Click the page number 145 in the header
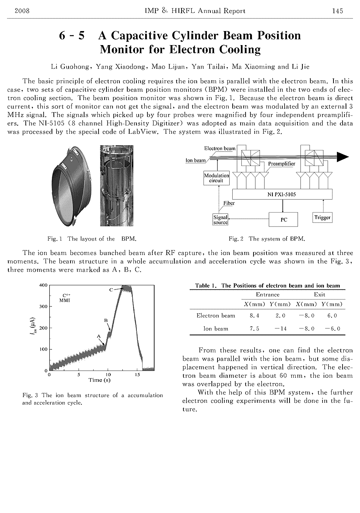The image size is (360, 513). [337, 11]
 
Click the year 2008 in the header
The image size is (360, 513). [22, 11]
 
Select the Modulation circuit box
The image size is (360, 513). [216, 178]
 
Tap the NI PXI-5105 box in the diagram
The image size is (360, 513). [282, 194]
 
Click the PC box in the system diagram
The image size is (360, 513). [284, 219]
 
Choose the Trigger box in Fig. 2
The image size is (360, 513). [322, 217]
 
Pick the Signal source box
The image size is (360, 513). [221, 220]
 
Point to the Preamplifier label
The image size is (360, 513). [282, 164]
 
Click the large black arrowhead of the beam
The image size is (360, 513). [342, 156]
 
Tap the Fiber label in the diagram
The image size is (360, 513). [229, 203]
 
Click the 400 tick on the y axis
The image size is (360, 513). [43, 285]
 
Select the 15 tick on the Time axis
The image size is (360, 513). [138, 375]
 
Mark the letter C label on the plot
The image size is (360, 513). [111, 289]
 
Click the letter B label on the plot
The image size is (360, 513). [106, 321]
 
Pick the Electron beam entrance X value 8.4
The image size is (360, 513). [255, 316]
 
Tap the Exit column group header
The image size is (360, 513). [319, 294]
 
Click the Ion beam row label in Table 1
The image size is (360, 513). [216, 328]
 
